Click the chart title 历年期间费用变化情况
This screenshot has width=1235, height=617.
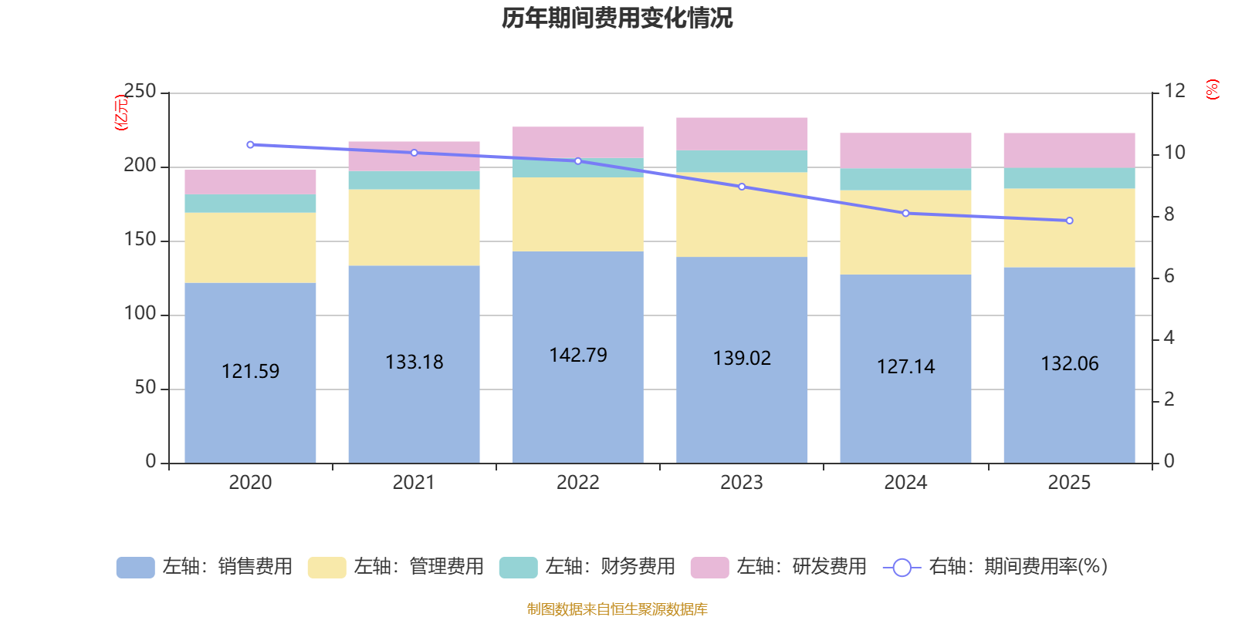coord(617,18)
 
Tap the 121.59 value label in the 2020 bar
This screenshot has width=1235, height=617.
coord(250,371)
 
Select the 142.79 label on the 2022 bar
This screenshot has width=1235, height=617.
coord(578,355)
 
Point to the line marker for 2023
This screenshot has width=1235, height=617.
coord(742,187)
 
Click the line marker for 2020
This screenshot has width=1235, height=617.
coord(250,145)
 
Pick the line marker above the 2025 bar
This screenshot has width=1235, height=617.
coord(1069,221)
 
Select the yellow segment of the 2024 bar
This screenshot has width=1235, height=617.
coord(905,232)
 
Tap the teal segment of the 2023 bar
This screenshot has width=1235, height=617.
coord(742,161)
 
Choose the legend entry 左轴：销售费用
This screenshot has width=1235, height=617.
coord(205,567)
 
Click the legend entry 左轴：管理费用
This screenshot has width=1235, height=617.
coord(396,567)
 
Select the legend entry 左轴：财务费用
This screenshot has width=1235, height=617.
coord(587,567)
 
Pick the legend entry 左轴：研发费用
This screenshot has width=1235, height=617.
coord(779,567)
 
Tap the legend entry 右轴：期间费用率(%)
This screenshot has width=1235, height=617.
coord(996,567)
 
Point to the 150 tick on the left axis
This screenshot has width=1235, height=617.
coord(140,240)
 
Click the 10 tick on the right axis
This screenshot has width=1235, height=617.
coord(1174,153)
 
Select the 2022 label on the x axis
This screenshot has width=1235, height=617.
coord(578,483)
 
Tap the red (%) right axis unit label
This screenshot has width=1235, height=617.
coord(1213,89)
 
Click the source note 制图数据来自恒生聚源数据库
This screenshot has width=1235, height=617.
coord(617,609)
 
